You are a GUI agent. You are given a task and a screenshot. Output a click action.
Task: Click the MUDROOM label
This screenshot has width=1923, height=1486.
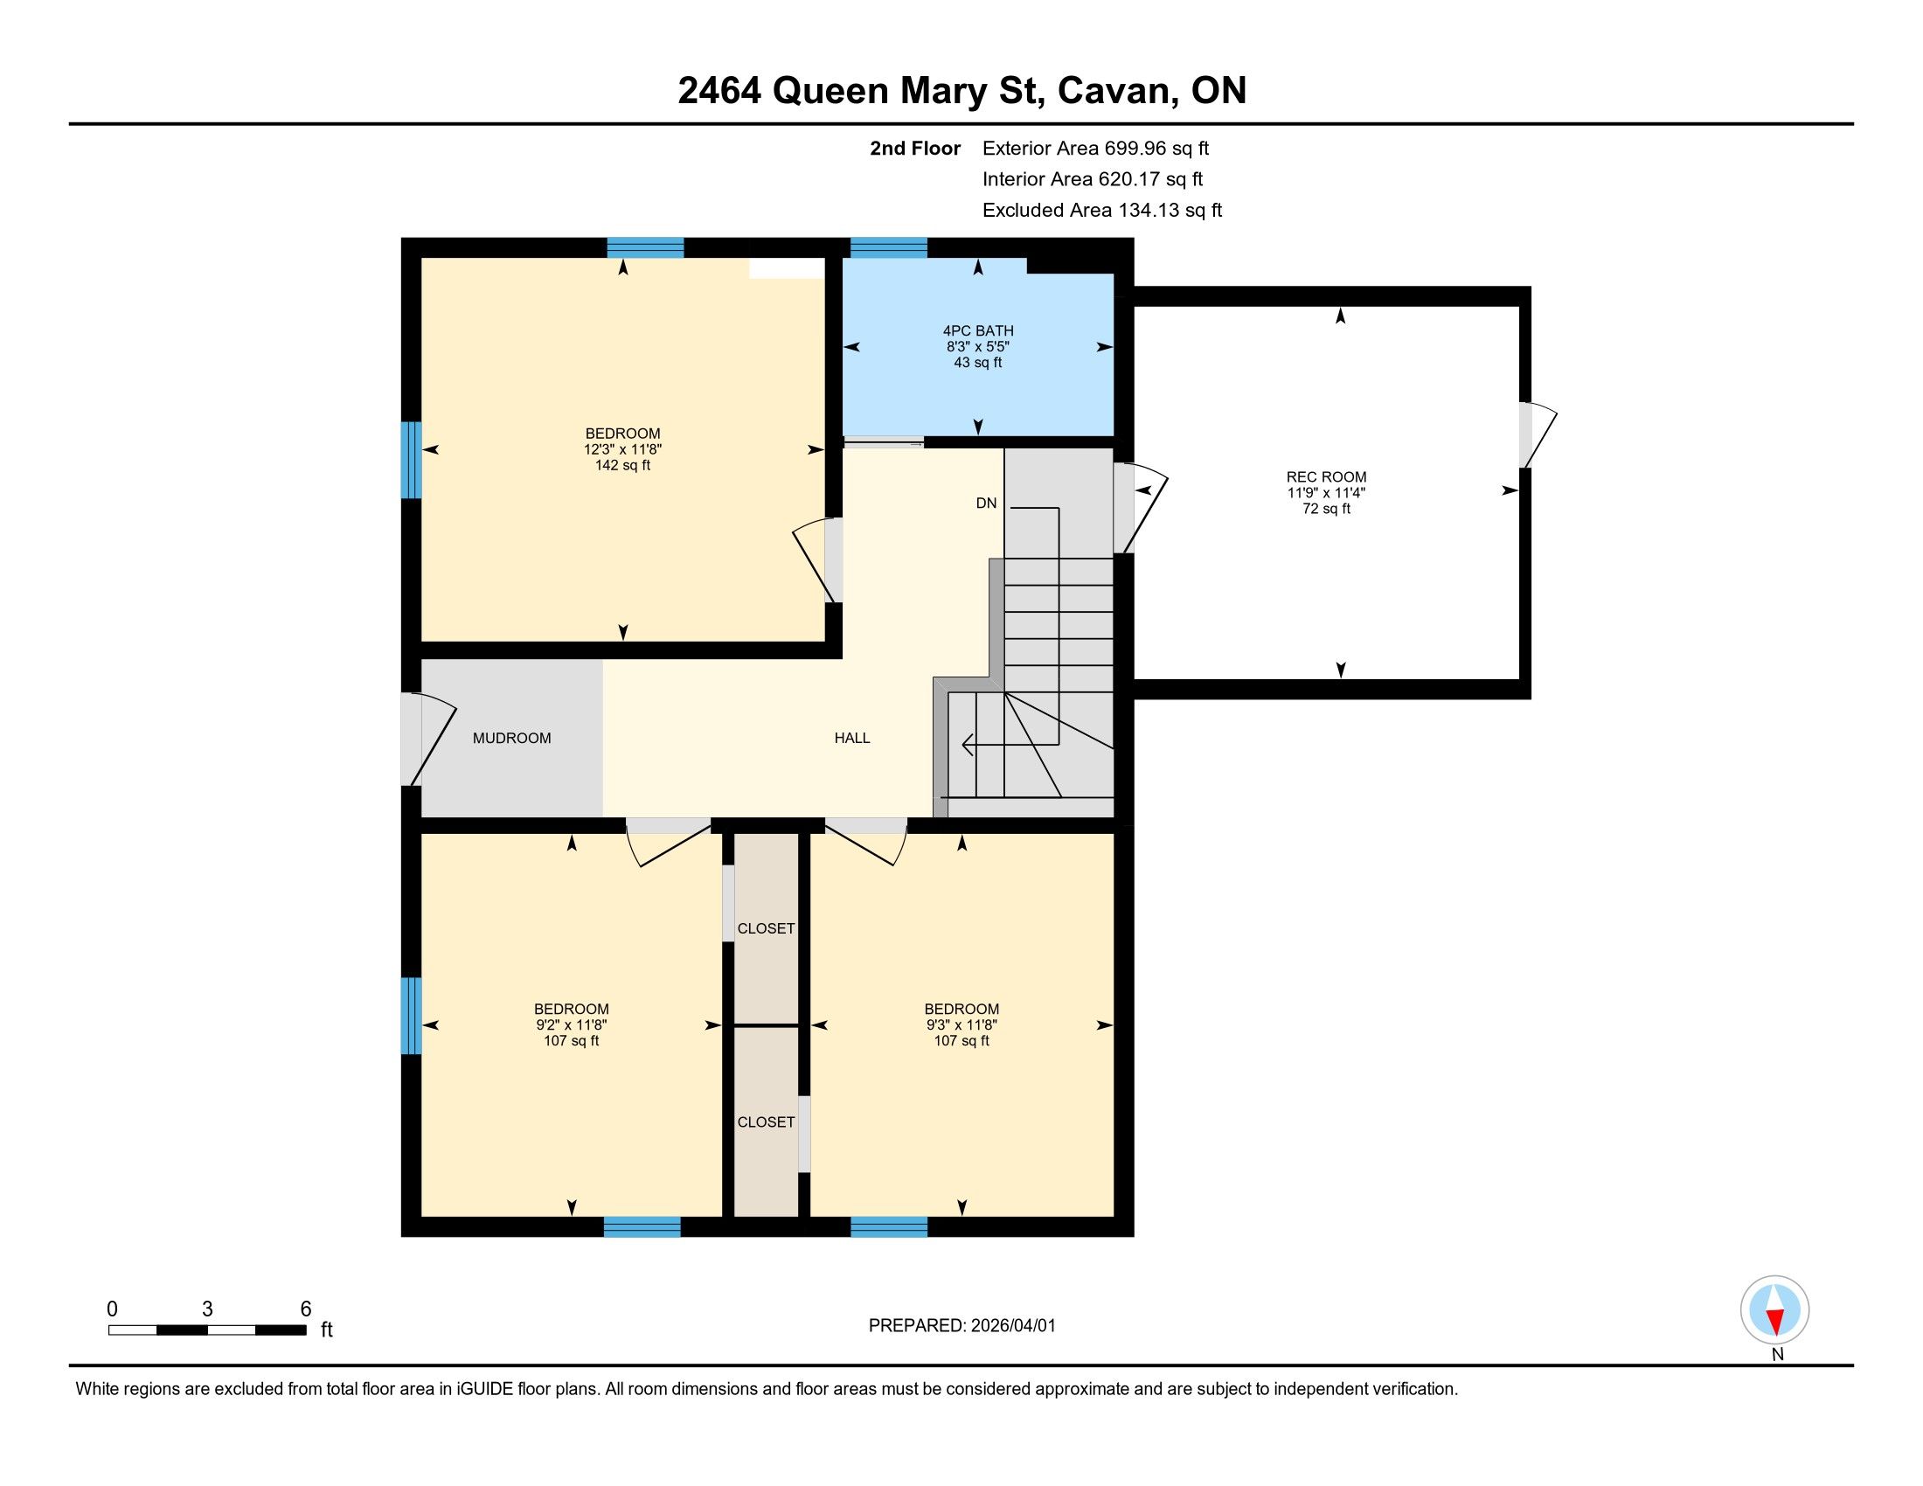pos(511,738)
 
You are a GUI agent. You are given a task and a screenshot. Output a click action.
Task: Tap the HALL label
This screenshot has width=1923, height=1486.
pos(851,738)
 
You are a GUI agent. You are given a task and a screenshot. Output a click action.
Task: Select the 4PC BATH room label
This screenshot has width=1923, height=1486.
pos(978,331)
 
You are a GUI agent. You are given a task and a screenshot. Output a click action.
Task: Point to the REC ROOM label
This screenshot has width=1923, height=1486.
pos(1326,477)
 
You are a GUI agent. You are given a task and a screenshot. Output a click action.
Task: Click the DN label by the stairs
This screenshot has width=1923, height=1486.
pos(986,503)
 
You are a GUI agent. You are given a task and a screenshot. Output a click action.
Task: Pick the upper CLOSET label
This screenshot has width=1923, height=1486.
pos(766,927)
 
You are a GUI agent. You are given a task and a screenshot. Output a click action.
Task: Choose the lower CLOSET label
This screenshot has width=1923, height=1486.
pos(766,1121)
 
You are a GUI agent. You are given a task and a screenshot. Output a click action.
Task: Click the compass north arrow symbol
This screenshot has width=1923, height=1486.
pos(1775,1310)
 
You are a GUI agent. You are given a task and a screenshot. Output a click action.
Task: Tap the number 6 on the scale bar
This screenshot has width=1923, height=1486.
pos(306,1309)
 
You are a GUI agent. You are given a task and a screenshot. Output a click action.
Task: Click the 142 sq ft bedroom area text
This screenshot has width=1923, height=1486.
pos(622,465)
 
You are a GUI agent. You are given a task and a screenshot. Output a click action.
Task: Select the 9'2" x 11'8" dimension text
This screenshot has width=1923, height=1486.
pos(572,1024)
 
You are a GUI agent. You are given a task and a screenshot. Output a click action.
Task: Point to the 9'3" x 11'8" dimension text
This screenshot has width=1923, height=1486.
pos(961,1024)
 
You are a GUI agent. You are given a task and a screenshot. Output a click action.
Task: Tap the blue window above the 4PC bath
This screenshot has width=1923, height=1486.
pos(888,247)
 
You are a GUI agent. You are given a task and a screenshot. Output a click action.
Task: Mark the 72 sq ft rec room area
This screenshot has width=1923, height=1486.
pos(1326,509)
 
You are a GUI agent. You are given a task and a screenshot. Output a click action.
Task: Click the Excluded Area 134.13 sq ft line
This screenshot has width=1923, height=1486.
pos(1102,211)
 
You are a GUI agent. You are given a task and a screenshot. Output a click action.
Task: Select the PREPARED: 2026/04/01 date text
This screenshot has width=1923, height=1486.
pos(961,1326)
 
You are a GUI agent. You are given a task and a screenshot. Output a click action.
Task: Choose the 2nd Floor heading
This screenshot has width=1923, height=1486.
pos(915,149)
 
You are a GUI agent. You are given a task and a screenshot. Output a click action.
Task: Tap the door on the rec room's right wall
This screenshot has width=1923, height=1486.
pos(1538,435)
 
